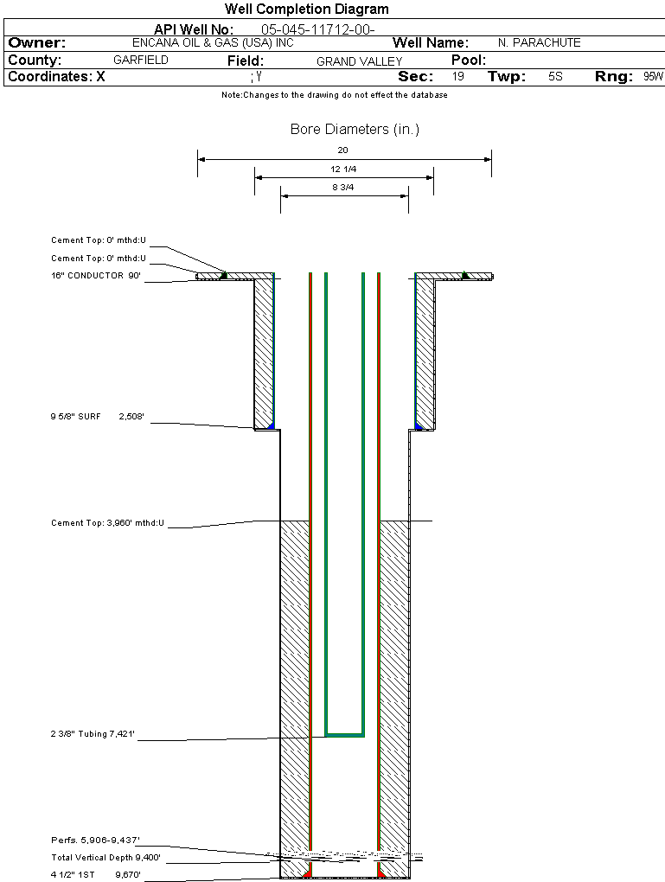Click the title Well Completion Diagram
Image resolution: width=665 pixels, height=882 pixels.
306,10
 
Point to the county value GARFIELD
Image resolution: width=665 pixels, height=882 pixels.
141,61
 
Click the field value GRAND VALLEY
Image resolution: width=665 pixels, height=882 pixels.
359,61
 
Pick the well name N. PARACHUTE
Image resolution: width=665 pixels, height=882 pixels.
539,42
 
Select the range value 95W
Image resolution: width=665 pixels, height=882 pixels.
653,77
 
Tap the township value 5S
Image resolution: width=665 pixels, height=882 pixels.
555,77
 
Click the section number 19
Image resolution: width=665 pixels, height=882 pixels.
458,77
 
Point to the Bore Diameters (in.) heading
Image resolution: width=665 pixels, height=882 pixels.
355,130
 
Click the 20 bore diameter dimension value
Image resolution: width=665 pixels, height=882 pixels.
342,150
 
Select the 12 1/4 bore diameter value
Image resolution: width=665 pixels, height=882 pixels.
343,169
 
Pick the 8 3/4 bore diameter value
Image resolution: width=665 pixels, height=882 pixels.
343,187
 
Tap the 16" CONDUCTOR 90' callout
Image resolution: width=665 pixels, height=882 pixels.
95,276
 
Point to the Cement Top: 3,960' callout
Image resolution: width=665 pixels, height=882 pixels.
107,523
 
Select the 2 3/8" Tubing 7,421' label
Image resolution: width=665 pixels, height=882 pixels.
93,734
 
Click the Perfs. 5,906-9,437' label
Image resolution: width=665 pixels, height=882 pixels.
95,840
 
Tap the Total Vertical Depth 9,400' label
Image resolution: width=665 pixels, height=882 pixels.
106,858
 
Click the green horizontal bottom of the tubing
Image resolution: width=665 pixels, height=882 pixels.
344,735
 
